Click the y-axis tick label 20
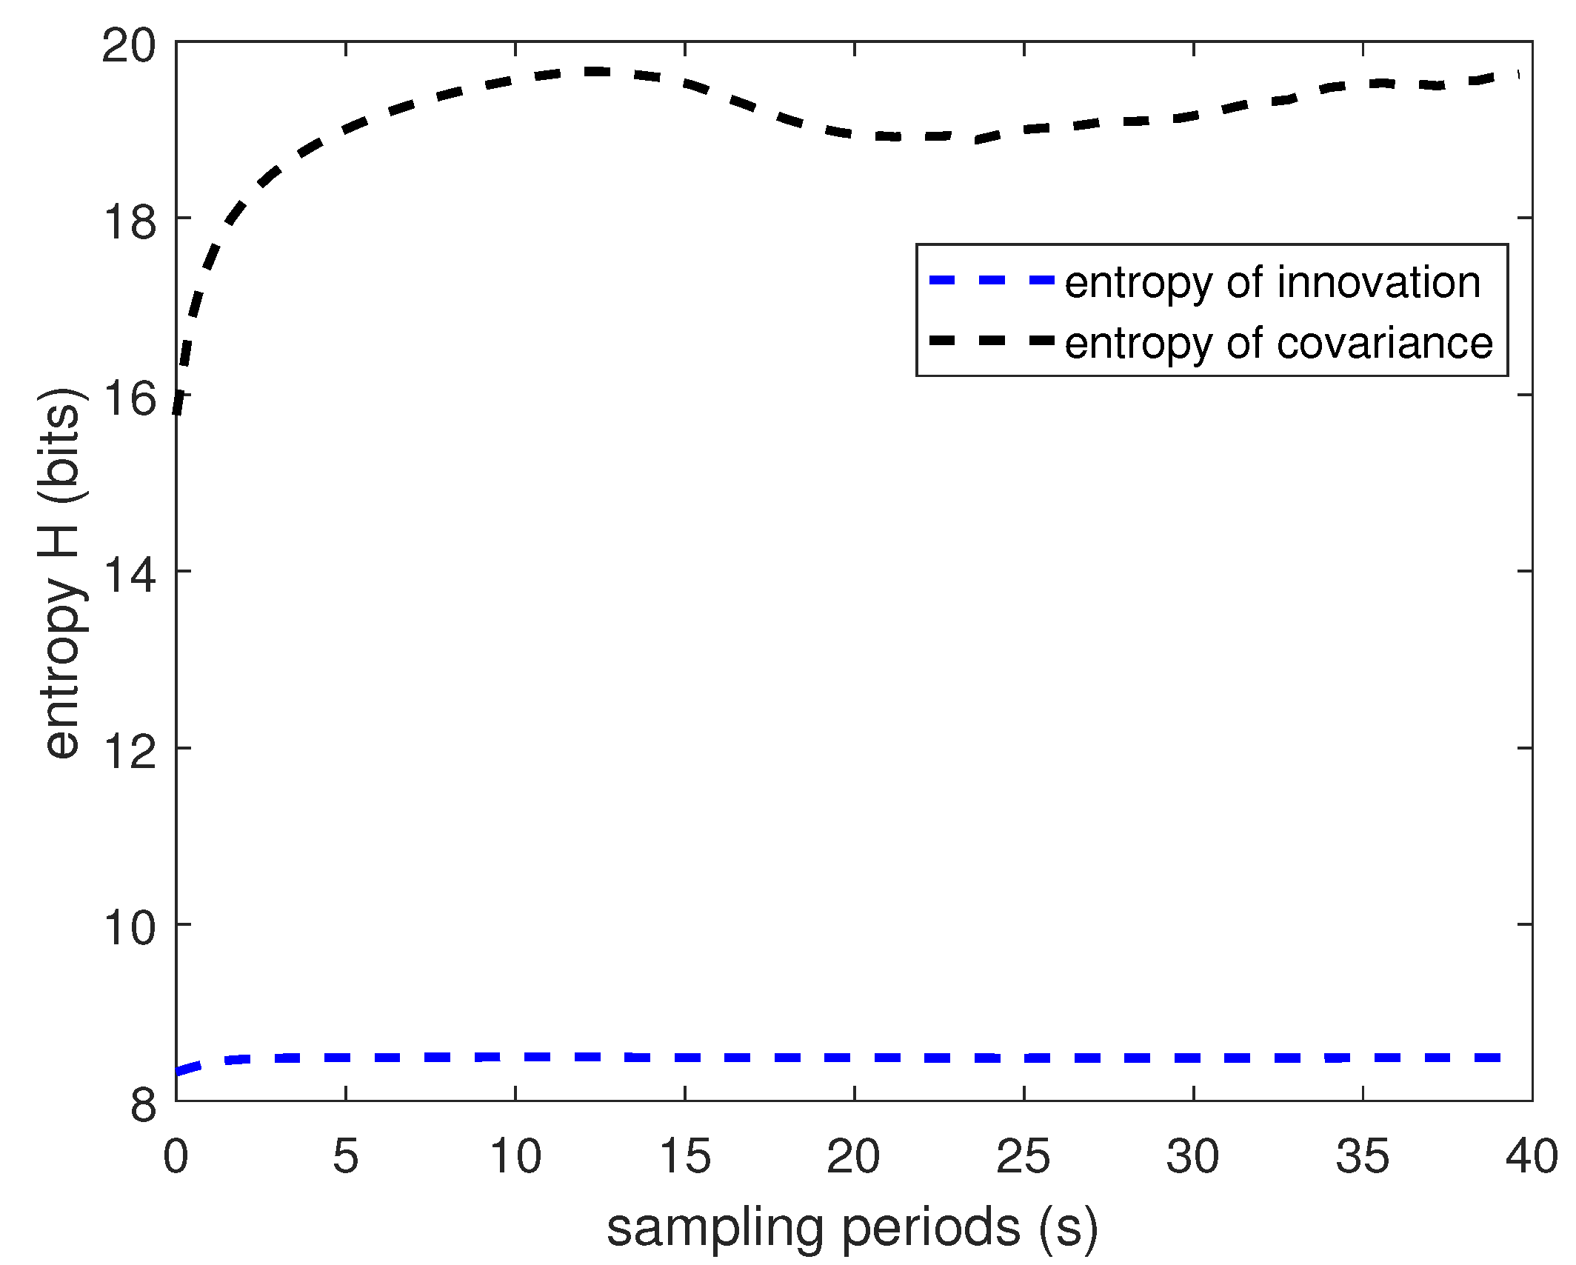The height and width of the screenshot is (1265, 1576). pos(129,46)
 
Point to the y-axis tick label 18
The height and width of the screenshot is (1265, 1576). pos(129,221)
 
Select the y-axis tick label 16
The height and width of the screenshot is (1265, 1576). pos(129,398)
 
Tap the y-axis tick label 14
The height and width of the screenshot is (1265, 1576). pos(129,574)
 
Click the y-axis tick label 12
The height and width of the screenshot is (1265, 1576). pos(129,750)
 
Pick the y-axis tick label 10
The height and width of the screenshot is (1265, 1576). pos(129,927)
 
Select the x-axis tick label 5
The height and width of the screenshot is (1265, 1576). pos(345,1156)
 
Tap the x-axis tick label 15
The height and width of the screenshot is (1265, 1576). pos(684,1156)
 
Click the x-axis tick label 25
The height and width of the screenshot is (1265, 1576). pos(1024,1156)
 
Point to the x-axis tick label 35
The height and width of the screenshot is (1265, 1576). pos(1363,1156)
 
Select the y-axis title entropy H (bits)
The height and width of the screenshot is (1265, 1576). pos(62,572)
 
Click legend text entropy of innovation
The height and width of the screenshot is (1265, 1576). pos(1272,282)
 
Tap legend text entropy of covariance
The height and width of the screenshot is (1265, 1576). pos(1278,343)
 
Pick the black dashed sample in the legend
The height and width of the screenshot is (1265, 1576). pos(992,341)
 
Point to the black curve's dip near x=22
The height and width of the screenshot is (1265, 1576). pos(918,137)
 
